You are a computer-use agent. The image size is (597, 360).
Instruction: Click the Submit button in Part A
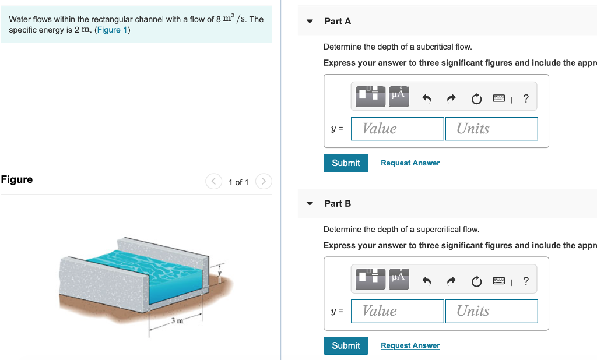[x=346, y=163]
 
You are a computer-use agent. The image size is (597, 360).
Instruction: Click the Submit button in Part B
[x=346, y=345]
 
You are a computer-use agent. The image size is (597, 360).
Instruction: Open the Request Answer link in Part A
[x=410, y=163]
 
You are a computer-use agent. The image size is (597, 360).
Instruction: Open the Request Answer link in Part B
[x=410, y=345]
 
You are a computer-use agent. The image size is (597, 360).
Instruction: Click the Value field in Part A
[x=397, y=129]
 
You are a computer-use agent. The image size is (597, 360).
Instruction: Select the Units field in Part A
[x=491, y=129]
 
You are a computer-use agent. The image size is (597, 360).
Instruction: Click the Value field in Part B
[x=397, y=311]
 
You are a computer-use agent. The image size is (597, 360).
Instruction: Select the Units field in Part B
[x=491, y=311]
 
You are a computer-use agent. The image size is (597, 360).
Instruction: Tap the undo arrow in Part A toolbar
[x=426, y=99]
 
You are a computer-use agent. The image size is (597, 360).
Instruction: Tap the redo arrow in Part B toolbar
[x=451, y=282]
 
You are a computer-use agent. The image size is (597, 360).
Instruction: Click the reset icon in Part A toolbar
[x=476, y=99]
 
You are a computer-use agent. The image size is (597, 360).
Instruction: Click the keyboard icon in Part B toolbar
[x=498, y=282]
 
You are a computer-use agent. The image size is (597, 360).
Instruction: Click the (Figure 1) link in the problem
[x=112, y=30]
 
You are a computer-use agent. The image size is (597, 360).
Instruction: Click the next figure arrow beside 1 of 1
[x=264, y=182]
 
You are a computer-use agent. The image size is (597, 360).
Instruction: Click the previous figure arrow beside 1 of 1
[x=213, y=182]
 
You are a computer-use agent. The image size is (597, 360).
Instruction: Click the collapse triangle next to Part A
[x=310, y=22]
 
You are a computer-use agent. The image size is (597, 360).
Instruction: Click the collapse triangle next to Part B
[x=310, y=204]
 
